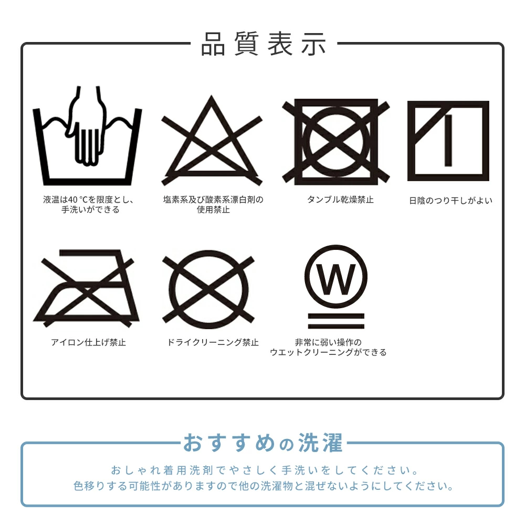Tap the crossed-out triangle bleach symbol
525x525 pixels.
(211, 142)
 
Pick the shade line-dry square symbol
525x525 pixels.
(448, 141)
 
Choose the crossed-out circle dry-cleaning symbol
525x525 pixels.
(208, 289)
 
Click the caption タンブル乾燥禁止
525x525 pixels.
(340, 200)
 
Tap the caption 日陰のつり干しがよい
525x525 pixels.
(450, 201)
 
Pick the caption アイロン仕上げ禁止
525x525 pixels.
(88, 342)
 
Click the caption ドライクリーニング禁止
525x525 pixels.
(213, 342)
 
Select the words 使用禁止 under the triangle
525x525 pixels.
(213, 210)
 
